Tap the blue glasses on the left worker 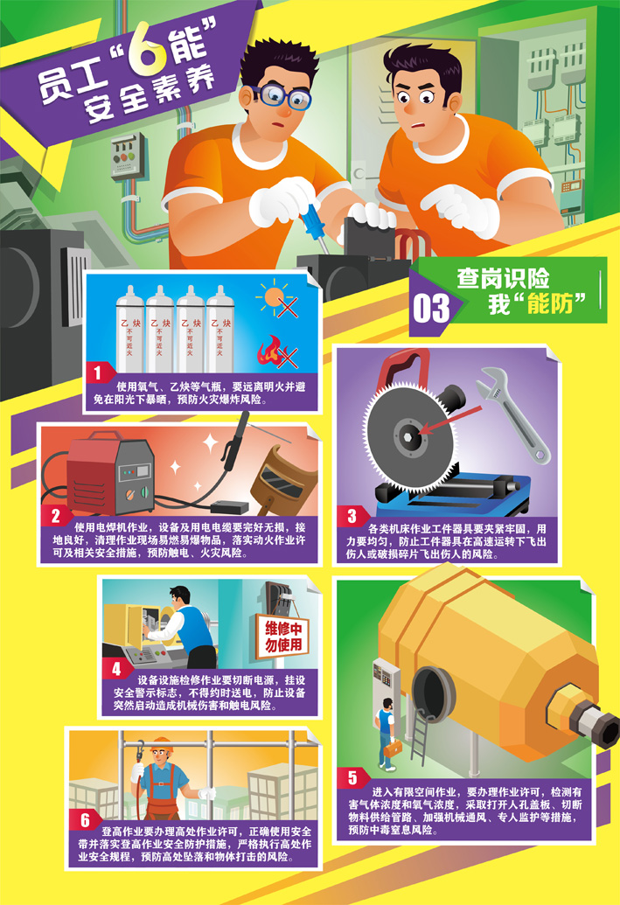click(281, 95)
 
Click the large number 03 click(430, 308)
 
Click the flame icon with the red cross click(271, 351)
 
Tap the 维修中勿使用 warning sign click(283, 636)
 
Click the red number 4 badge click(116, 669)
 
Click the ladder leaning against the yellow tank click(419, 740)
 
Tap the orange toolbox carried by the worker click(394, 749)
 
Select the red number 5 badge click(352, 778)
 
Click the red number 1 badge click(98, 372)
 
